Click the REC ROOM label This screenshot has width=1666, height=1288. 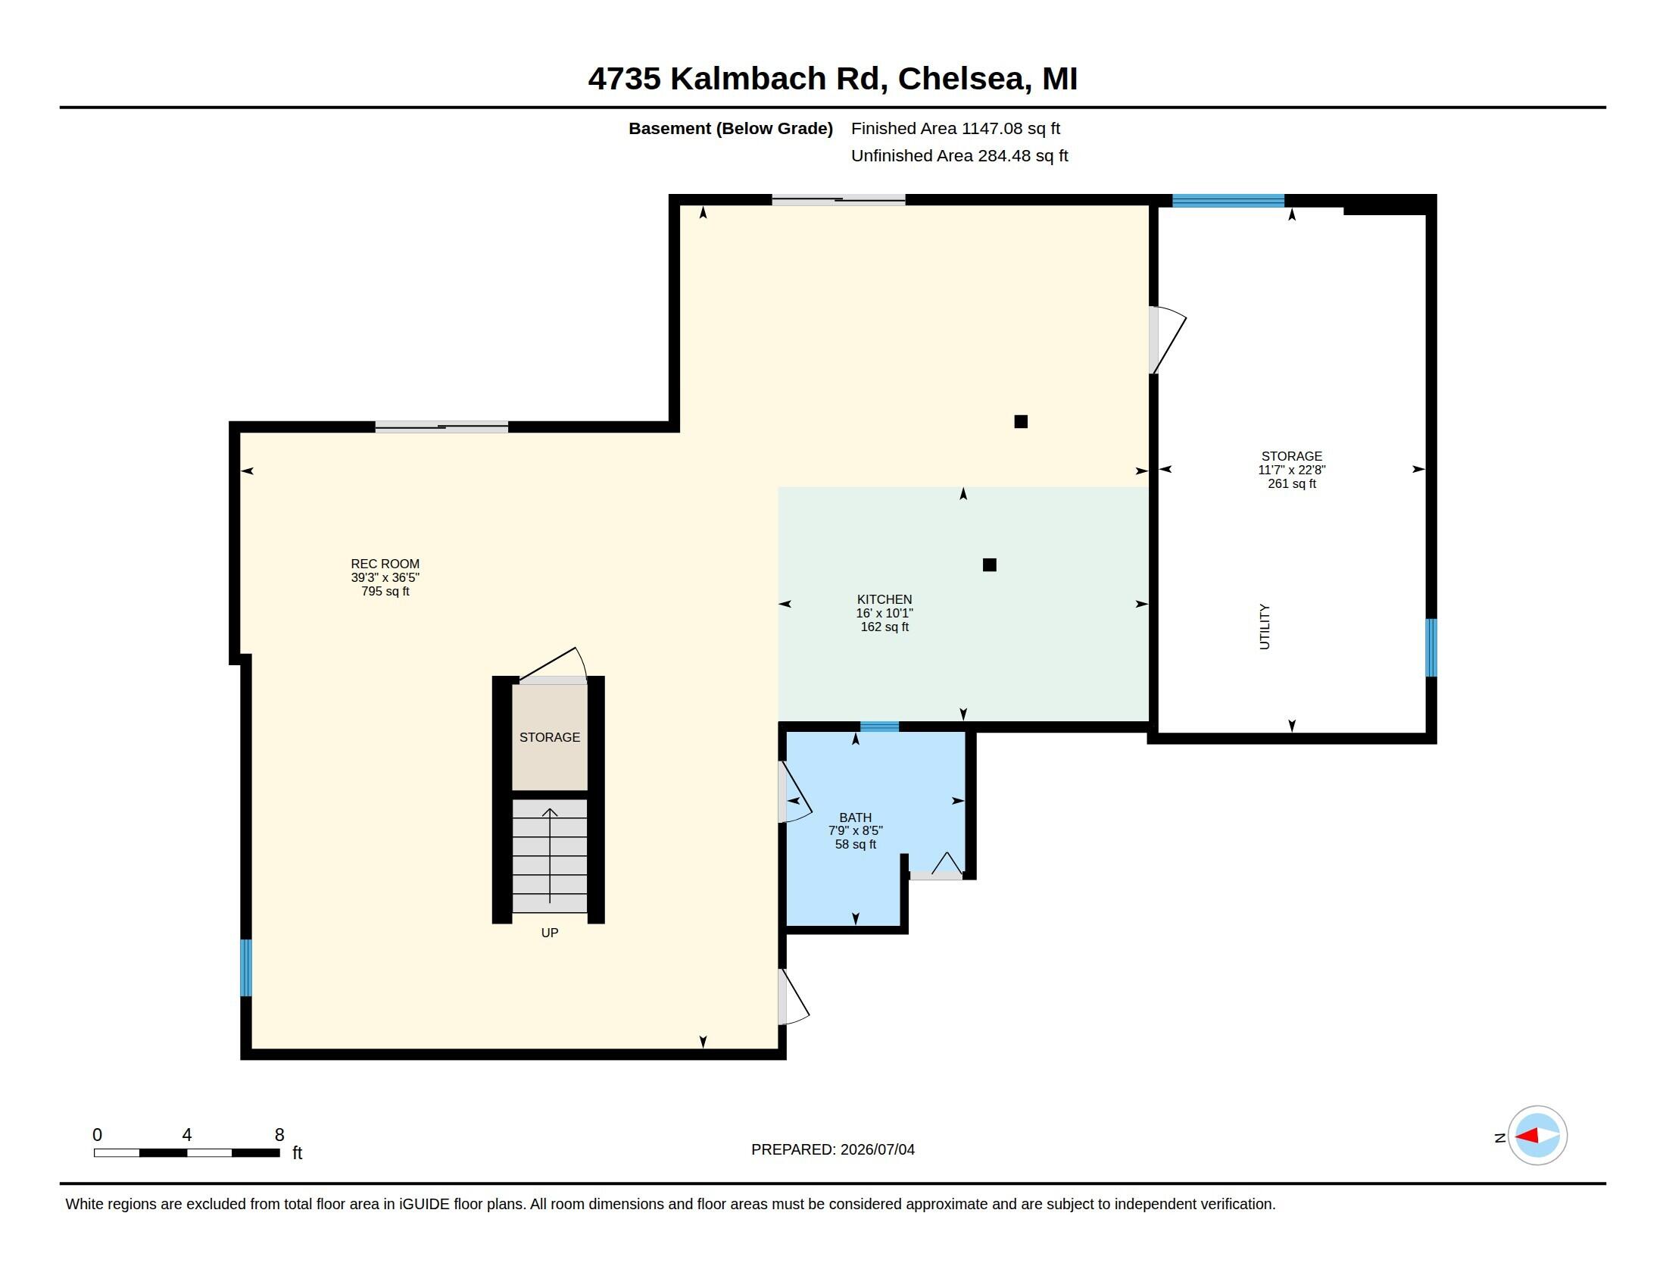click(385, 564)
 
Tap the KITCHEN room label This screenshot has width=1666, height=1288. click(884, 600)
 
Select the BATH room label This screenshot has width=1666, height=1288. click(855, 818)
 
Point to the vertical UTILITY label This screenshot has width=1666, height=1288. click(1265, 627)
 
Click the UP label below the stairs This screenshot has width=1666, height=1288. click(549, 933)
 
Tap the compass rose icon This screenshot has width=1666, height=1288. click(1537, 1136)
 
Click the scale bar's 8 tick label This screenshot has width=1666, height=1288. click(279, 1135)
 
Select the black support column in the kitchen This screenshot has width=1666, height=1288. click(990, 564)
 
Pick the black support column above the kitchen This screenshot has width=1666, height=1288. click(1021, 421)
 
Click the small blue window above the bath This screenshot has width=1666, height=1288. click(879, 727)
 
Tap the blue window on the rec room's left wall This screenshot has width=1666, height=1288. click(245, 968)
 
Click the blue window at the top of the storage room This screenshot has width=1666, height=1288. click(1228, 201)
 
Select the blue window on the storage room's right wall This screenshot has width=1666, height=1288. click(1431, 648)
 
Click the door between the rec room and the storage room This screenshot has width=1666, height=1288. click(1167, 340)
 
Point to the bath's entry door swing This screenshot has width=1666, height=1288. click(795, 792)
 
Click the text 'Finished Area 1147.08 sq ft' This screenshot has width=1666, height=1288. click(955, 129)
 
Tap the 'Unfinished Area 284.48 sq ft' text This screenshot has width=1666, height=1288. click(959, 155)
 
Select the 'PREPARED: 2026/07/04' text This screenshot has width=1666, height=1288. click(832, 1149)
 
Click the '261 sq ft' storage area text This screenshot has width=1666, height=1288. click(1291, 484)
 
